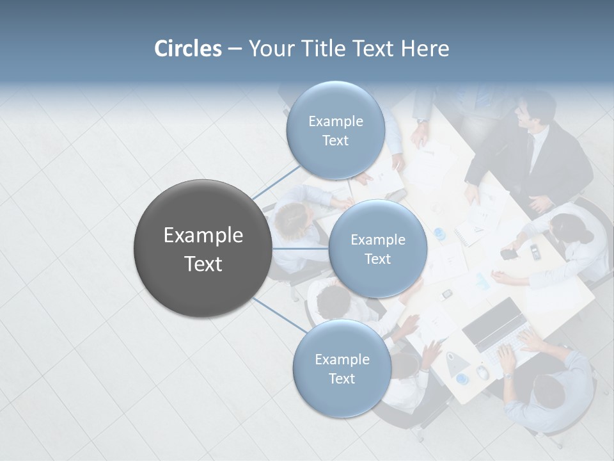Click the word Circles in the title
187,49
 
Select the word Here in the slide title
425,49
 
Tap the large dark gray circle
203,248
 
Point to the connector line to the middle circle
301,248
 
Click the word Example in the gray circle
203,236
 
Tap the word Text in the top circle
335,141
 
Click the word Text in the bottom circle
342,379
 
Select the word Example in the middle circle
377,240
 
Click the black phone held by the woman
508,254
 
